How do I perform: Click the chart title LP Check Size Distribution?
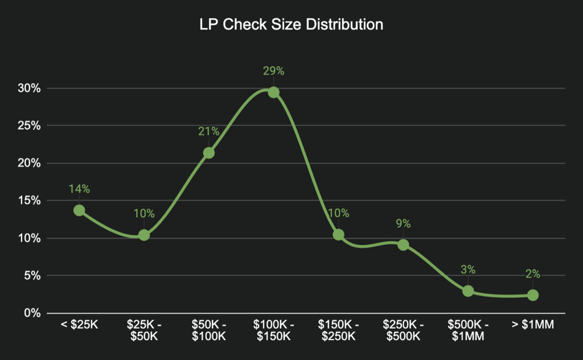coord(291,25)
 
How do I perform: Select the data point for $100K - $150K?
coord(273,92)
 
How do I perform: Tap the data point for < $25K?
coord(79,210)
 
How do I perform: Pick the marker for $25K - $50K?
coord(144,235)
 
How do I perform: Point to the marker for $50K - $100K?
coord(209,153)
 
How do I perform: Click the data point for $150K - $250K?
coord(338,235)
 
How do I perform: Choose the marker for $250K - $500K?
coord(403,245)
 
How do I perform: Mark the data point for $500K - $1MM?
coord(468,291)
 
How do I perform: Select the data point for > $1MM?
coord(533,295)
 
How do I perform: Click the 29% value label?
coord(273,71)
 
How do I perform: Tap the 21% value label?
coord(209,132)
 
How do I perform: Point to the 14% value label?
coord(79,189)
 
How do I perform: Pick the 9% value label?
coord(403,224)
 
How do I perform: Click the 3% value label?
coord(468,270)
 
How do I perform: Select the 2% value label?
coord(533,274)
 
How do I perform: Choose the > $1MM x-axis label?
coord(533,325)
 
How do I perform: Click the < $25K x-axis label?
coord(79,325)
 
